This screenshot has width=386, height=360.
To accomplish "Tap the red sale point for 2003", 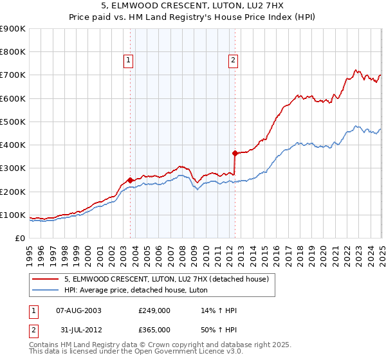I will (131, 180).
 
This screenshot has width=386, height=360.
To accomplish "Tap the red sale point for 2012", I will (235, 153).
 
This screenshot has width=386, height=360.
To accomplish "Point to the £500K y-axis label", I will (13, 122).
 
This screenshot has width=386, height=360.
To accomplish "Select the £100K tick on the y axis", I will (13, 215).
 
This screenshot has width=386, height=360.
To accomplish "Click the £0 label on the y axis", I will (20, 238).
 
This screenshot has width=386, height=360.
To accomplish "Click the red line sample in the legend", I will (46, 278).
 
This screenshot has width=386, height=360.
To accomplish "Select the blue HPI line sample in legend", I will (46, 290).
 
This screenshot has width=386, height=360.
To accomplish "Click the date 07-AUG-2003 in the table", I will (79, 310).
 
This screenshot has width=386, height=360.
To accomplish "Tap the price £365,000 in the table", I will (154, 329).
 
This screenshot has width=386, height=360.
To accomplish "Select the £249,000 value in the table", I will (154, 310).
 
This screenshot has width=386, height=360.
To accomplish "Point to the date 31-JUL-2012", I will (79, 329).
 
